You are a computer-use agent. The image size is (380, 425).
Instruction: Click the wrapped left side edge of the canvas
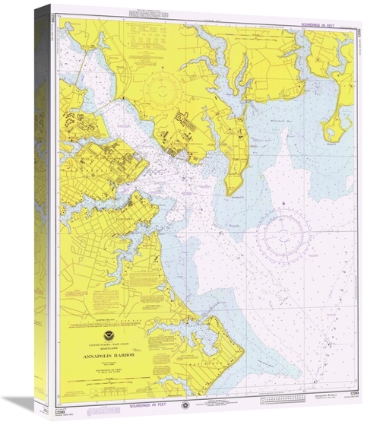coord(43,213)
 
